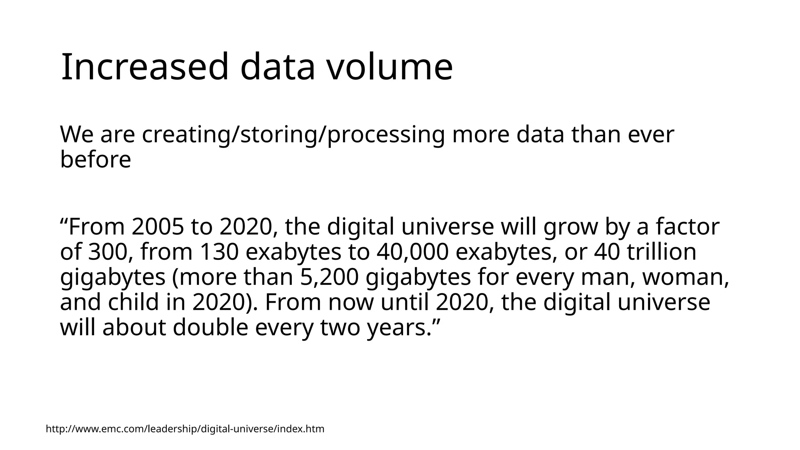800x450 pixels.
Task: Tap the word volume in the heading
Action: (x=389, y=67)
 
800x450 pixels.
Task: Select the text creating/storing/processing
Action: (x=293, y=135)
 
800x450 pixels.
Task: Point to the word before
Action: (x=95, y=160)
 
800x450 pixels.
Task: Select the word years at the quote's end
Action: (x=396, y=328)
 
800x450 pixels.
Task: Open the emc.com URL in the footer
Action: (x=185, y=429)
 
